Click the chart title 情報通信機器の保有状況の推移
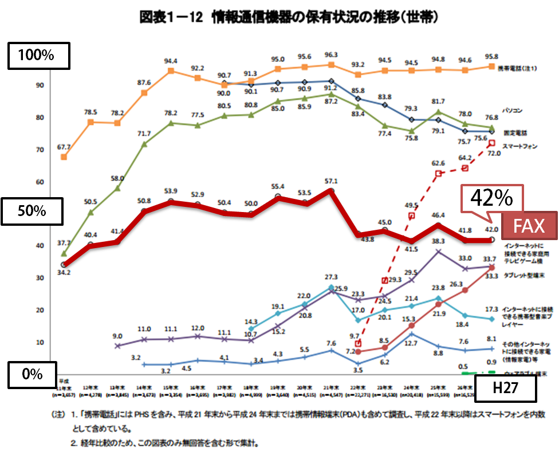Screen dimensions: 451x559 pyautogui.click(x=290, y=18)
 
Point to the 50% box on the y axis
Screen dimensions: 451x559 pyautogui.click(x=32, y=211)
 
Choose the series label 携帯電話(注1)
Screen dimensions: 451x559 pyautogui.click(x=518, y=68)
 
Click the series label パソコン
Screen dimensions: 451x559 pyautogui.click(x=512, y=109)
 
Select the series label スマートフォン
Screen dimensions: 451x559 pyautogui.click(x=520, y=147)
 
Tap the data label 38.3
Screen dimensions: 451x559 pyautogui.click(x=439, y=241)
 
